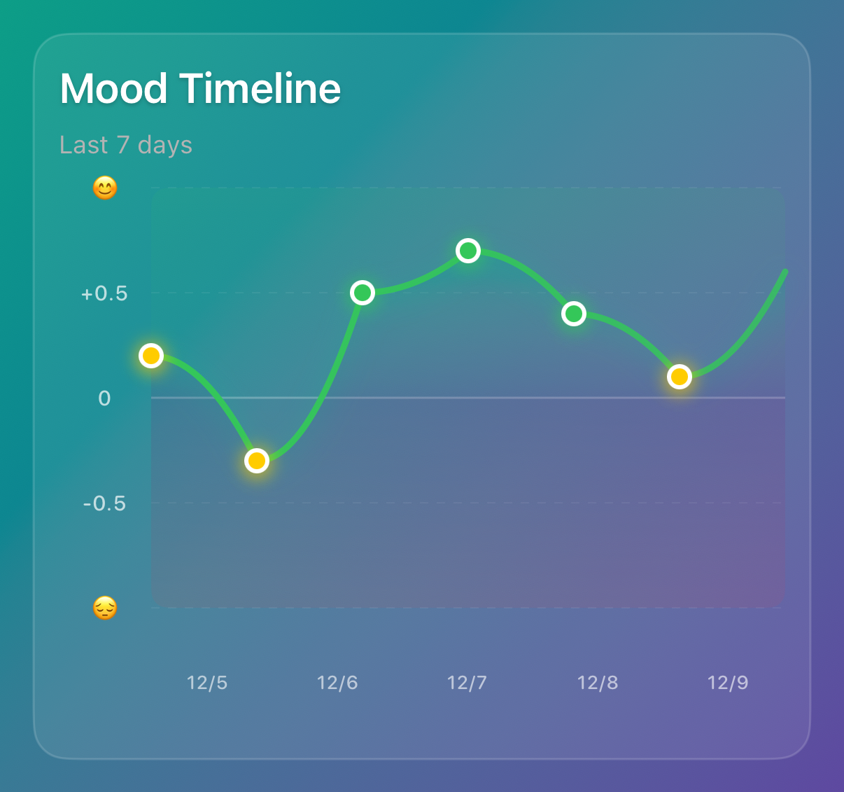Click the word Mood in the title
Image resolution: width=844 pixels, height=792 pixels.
pos(113,89)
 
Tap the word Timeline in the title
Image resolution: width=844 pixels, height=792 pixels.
pos(260,89)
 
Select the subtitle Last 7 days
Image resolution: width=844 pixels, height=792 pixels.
pos(126,145)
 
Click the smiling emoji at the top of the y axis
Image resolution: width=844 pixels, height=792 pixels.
pos(105,188)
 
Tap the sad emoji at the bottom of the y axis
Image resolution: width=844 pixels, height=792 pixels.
pos(105,608)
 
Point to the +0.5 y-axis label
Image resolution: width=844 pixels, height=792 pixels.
pos(105,293)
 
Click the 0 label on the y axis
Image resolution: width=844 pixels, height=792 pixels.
pos(105,398)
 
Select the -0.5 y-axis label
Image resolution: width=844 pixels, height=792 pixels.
pos(105,503)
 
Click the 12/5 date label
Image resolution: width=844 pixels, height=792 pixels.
pos(207,683)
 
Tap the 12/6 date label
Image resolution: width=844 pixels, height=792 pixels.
pos(337,683)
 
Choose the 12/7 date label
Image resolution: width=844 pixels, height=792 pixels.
pos(467,683)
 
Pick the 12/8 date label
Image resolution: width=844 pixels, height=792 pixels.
pos(598,683)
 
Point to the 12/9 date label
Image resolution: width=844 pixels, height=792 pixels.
pos(728,683)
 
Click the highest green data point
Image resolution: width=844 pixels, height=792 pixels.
pos(468,251)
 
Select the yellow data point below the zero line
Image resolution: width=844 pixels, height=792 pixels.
pos(257,461)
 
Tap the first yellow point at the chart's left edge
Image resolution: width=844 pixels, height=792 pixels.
pos(151,356)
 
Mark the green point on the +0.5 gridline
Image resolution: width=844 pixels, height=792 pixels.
pos(363,293)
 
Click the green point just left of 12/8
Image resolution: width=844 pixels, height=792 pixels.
pos(574,314)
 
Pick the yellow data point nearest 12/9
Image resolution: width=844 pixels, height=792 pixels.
pos(680,377)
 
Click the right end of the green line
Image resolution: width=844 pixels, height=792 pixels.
pos(785,272)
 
